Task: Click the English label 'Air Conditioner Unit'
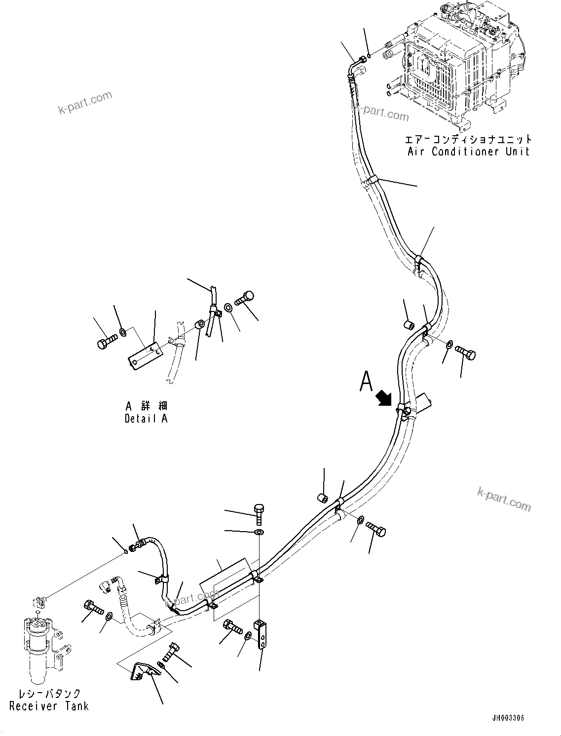pos(468,152)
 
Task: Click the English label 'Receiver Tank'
pos(49,706)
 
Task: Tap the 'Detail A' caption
pos(146,419)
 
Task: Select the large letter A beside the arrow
pos(366,382)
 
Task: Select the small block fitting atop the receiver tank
pos(39,601)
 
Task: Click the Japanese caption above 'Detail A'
pos(146,406)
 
